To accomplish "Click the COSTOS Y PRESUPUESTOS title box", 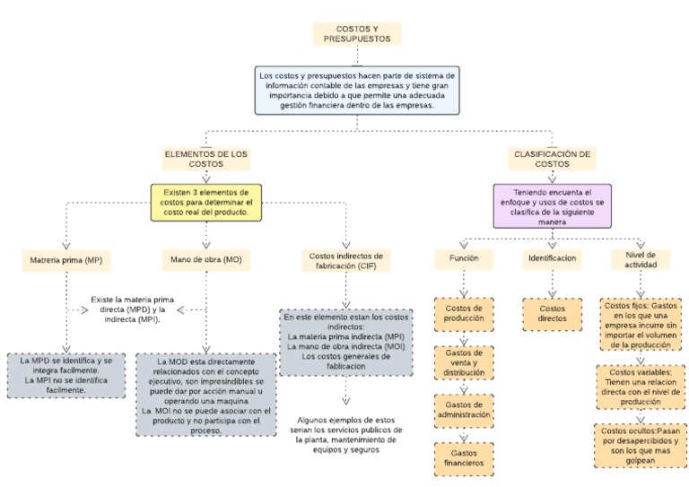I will coord(356,34).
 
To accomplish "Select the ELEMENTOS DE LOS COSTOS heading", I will coord(206,159).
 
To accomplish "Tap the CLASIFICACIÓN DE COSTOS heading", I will coord(552,159).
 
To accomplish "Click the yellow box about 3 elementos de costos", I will coord(206,203).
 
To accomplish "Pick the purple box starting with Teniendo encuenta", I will coord(552,206).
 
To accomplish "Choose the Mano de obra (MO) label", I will coord(206,261).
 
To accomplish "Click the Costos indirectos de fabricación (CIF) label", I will coord(344,261).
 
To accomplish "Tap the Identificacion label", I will coord(552,257).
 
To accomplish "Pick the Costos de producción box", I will coord(464,314).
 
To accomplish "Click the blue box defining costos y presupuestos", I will coord(356,90).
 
